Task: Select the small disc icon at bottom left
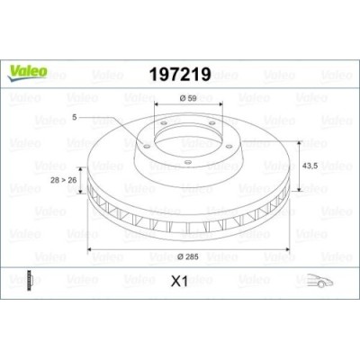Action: coord(33,281)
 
